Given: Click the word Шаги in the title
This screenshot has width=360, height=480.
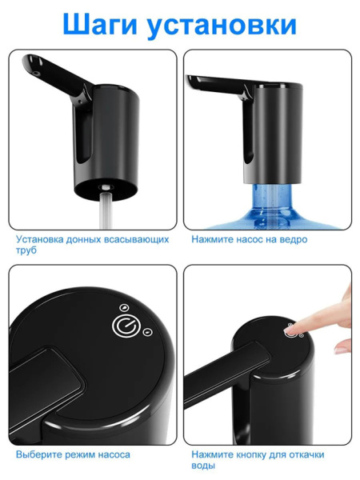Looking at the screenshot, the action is pos(100,25).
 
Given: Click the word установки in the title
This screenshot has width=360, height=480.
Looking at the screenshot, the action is pos(222,25).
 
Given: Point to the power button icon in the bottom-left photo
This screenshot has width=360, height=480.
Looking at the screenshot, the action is pos(124,326).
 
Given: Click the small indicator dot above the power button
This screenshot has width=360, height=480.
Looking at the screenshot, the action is pos(124,308).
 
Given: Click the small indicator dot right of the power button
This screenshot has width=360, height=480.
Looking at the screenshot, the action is pos(147,331).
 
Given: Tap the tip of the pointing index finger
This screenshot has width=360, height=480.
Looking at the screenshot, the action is pos(290,330).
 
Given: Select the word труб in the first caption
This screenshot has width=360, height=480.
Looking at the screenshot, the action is pos(26,250).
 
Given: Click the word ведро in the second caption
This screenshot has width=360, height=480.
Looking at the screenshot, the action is pos(294,239).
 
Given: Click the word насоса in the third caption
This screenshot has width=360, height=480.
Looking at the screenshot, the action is pos(114,455).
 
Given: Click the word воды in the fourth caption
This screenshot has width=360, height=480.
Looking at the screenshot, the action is pos(203,466).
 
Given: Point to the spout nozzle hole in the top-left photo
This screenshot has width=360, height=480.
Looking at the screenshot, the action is pos(37,74).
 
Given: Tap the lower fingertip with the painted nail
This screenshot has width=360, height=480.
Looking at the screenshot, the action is pos(341,348).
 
